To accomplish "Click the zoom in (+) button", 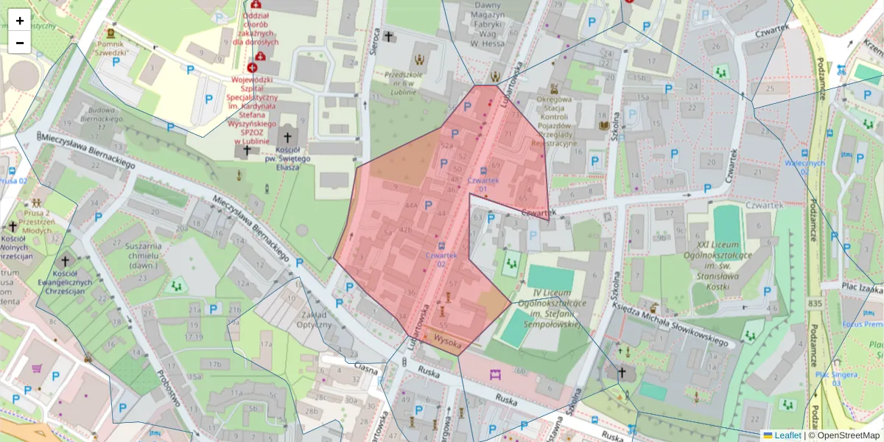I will (19, 21).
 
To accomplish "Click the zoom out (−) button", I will (19, 43).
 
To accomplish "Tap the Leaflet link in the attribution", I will (787, 435).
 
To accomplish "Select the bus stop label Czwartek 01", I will (483, 184).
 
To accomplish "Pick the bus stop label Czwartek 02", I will (441, 259).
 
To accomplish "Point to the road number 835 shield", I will (814, 304).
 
